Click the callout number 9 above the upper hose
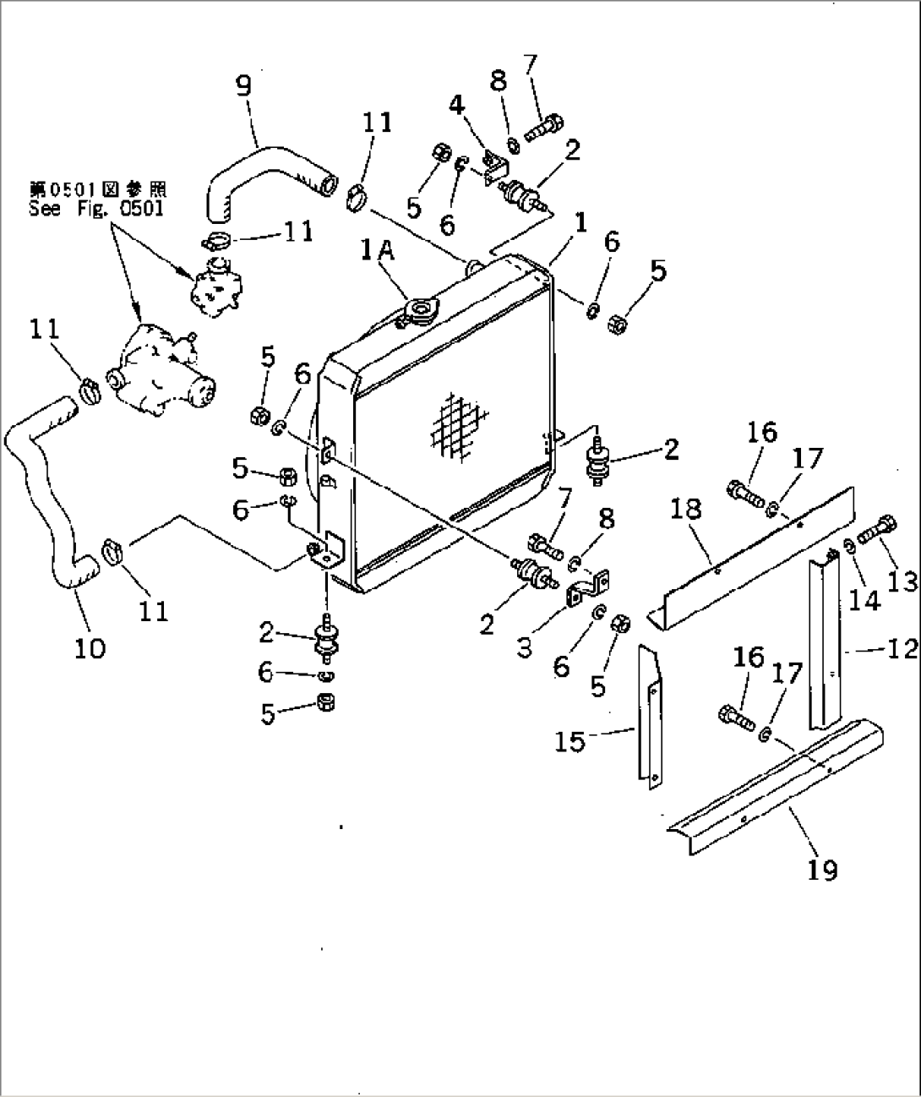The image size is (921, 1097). click(243, 86)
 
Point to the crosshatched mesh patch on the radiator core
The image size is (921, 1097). click(458, 427)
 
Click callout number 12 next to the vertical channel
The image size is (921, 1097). click(902, 648)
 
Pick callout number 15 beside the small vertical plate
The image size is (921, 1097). click(569, 741)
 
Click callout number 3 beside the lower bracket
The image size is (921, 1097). click(525, 647)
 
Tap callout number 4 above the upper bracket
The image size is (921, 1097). click(457, 105)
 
